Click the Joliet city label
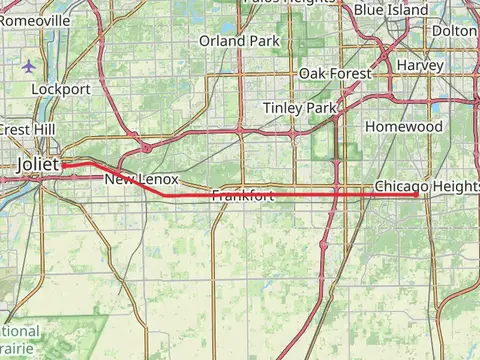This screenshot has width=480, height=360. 39,164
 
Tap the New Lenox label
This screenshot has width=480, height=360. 141,179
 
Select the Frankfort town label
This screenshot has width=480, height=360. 242,197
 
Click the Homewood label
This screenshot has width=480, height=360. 403,127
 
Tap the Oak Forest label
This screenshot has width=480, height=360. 335,74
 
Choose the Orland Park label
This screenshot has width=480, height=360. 237,41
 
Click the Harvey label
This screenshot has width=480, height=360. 420,65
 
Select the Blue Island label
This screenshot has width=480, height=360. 391,10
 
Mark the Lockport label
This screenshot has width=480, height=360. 61,88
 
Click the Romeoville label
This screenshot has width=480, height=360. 35,20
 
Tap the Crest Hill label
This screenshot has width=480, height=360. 17,129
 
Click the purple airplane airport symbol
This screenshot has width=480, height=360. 28,66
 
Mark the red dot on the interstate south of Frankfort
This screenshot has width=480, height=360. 323,243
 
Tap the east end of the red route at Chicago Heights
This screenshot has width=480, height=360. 416,195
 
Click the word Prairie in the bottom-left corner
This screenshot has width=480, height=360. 18,349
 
